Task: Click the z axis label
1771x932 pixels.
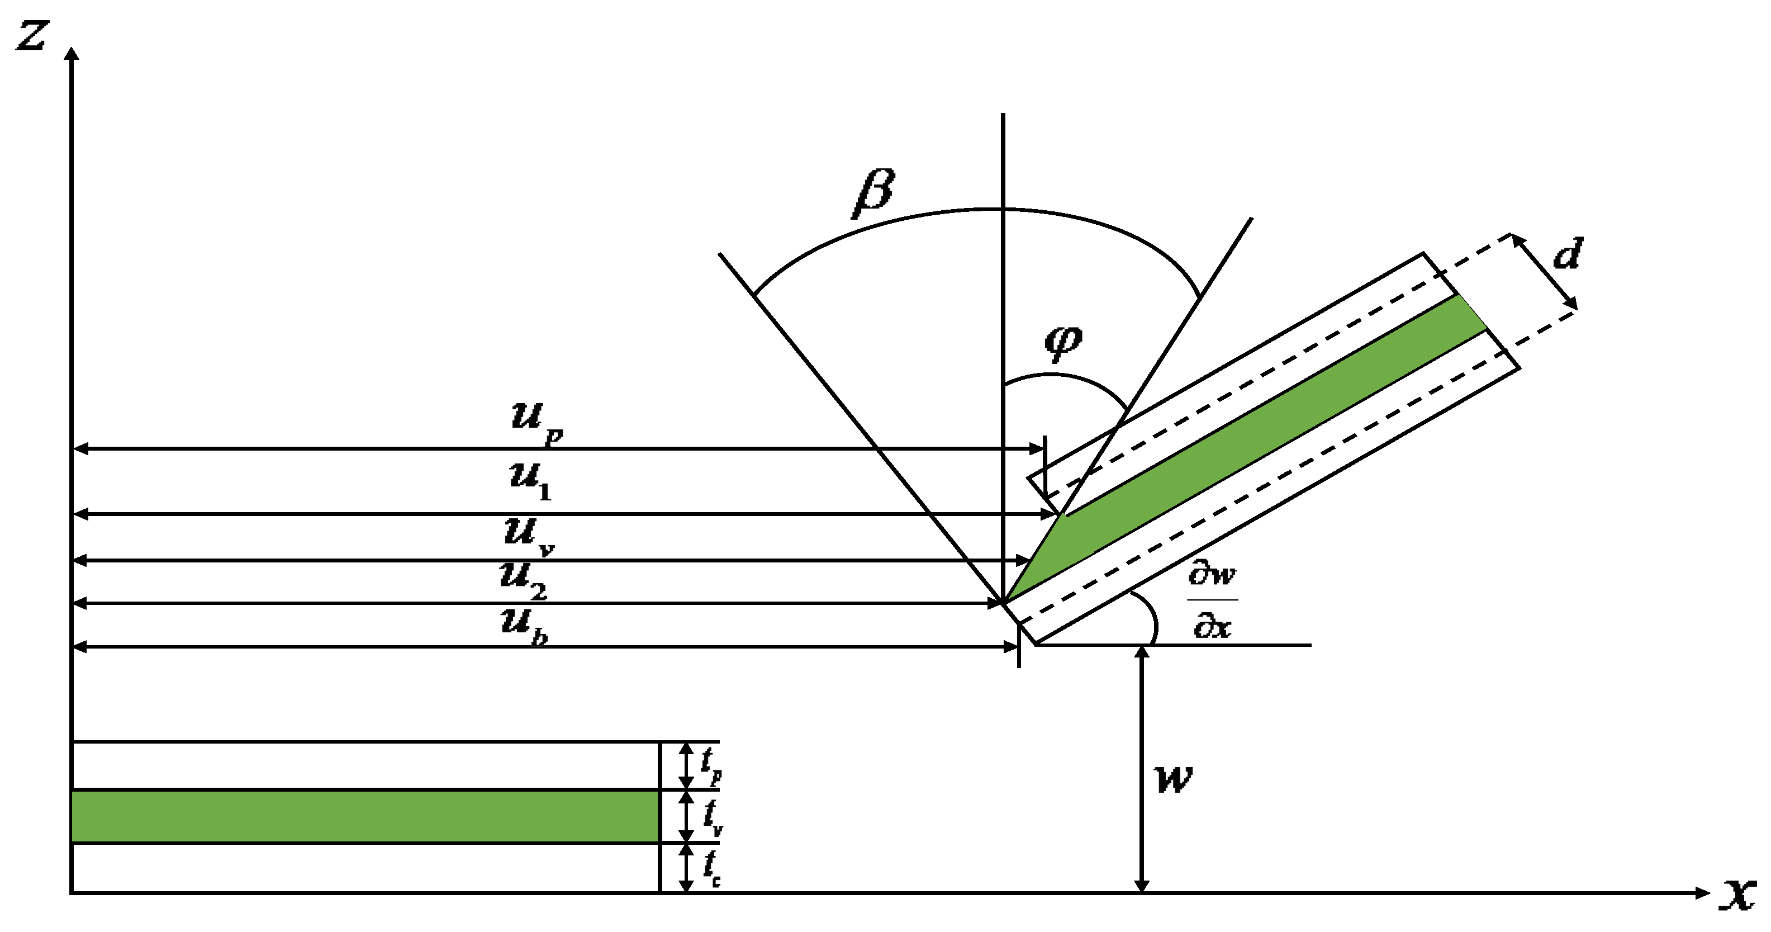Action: point(31,36)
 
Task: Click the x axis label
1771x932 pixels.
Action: point(1738,894)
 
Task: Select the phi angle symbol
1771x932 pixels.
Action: point(1063,341)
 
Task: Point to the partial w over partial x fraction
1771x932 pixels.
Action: point(1212,600)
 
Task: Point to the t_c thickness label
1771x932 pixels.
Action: point(711,868)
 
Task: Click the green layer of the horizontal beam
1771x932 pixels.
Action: point(364,816)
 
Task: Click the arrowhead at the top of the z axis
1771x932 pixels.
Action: point(71,53)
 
